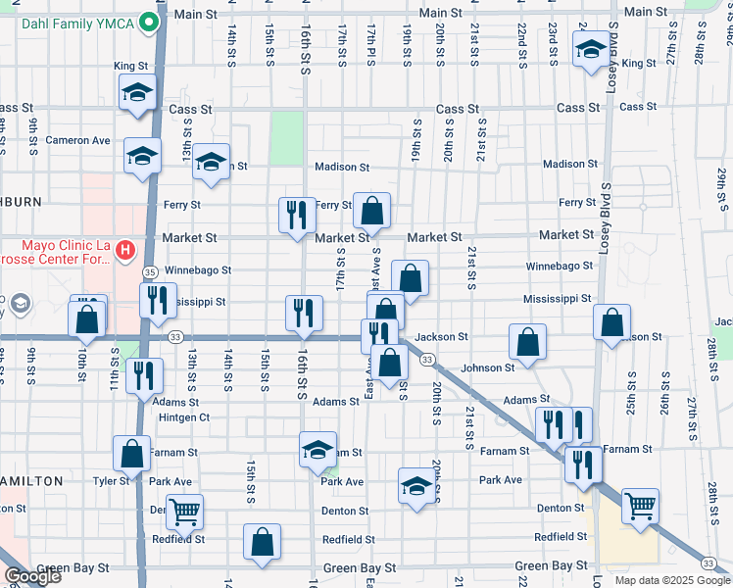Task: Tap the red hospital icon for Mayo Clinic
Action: (124, 252)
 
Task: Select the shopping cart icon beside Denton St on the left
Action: (184, 511)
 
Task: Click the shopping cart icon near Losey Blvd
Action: (640, 506)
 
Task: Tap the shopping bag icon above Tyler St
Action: (131, 453)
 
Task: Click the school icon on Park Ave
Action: (416, 485)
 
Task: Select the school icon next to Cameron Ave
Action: (143, 156)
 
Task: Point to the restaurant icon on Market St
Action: (297, 214)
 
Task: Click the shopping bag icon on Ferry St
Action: (371, 210)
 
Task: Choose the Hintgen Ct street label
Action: (184, 417)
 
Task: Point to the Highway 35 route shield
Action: (150, 271)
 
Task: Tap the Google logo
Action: (32, 576)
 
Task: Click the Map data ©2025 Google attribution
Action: (671, 580)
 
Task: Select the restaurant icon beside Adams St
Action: (144, 375)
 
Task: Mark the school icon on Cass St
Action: (137, 93)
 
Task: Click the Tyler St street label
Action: (111, 481)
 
